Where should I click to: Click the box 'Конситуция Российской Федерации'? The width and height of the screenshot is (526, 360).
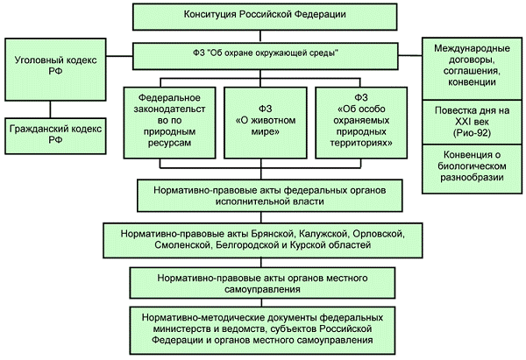click(x=264, y=16)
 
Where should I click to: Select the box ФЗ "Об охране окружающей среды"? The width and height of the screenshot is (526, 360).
click(x=264, y=53)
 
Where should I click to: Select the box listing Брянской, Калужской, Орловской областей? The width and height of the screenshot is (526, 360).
click(x=264, y=239)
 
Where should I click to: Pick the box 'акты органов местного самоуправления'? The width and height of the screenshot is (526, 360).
click(x=264, y=283)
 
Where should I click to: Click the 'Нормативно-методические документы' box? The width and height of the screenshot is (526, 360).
click(x=264, y=328)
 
